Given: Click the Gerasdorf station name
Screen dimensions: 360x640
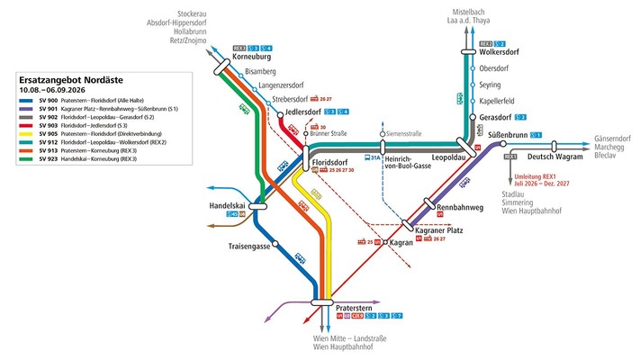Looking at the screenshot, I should [497, 117].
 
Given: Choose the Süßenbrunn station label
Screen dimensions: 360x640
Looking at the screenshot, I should [507, 135].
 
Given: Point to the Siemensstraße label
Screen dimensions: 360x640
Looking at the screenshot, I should [403, 133].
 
